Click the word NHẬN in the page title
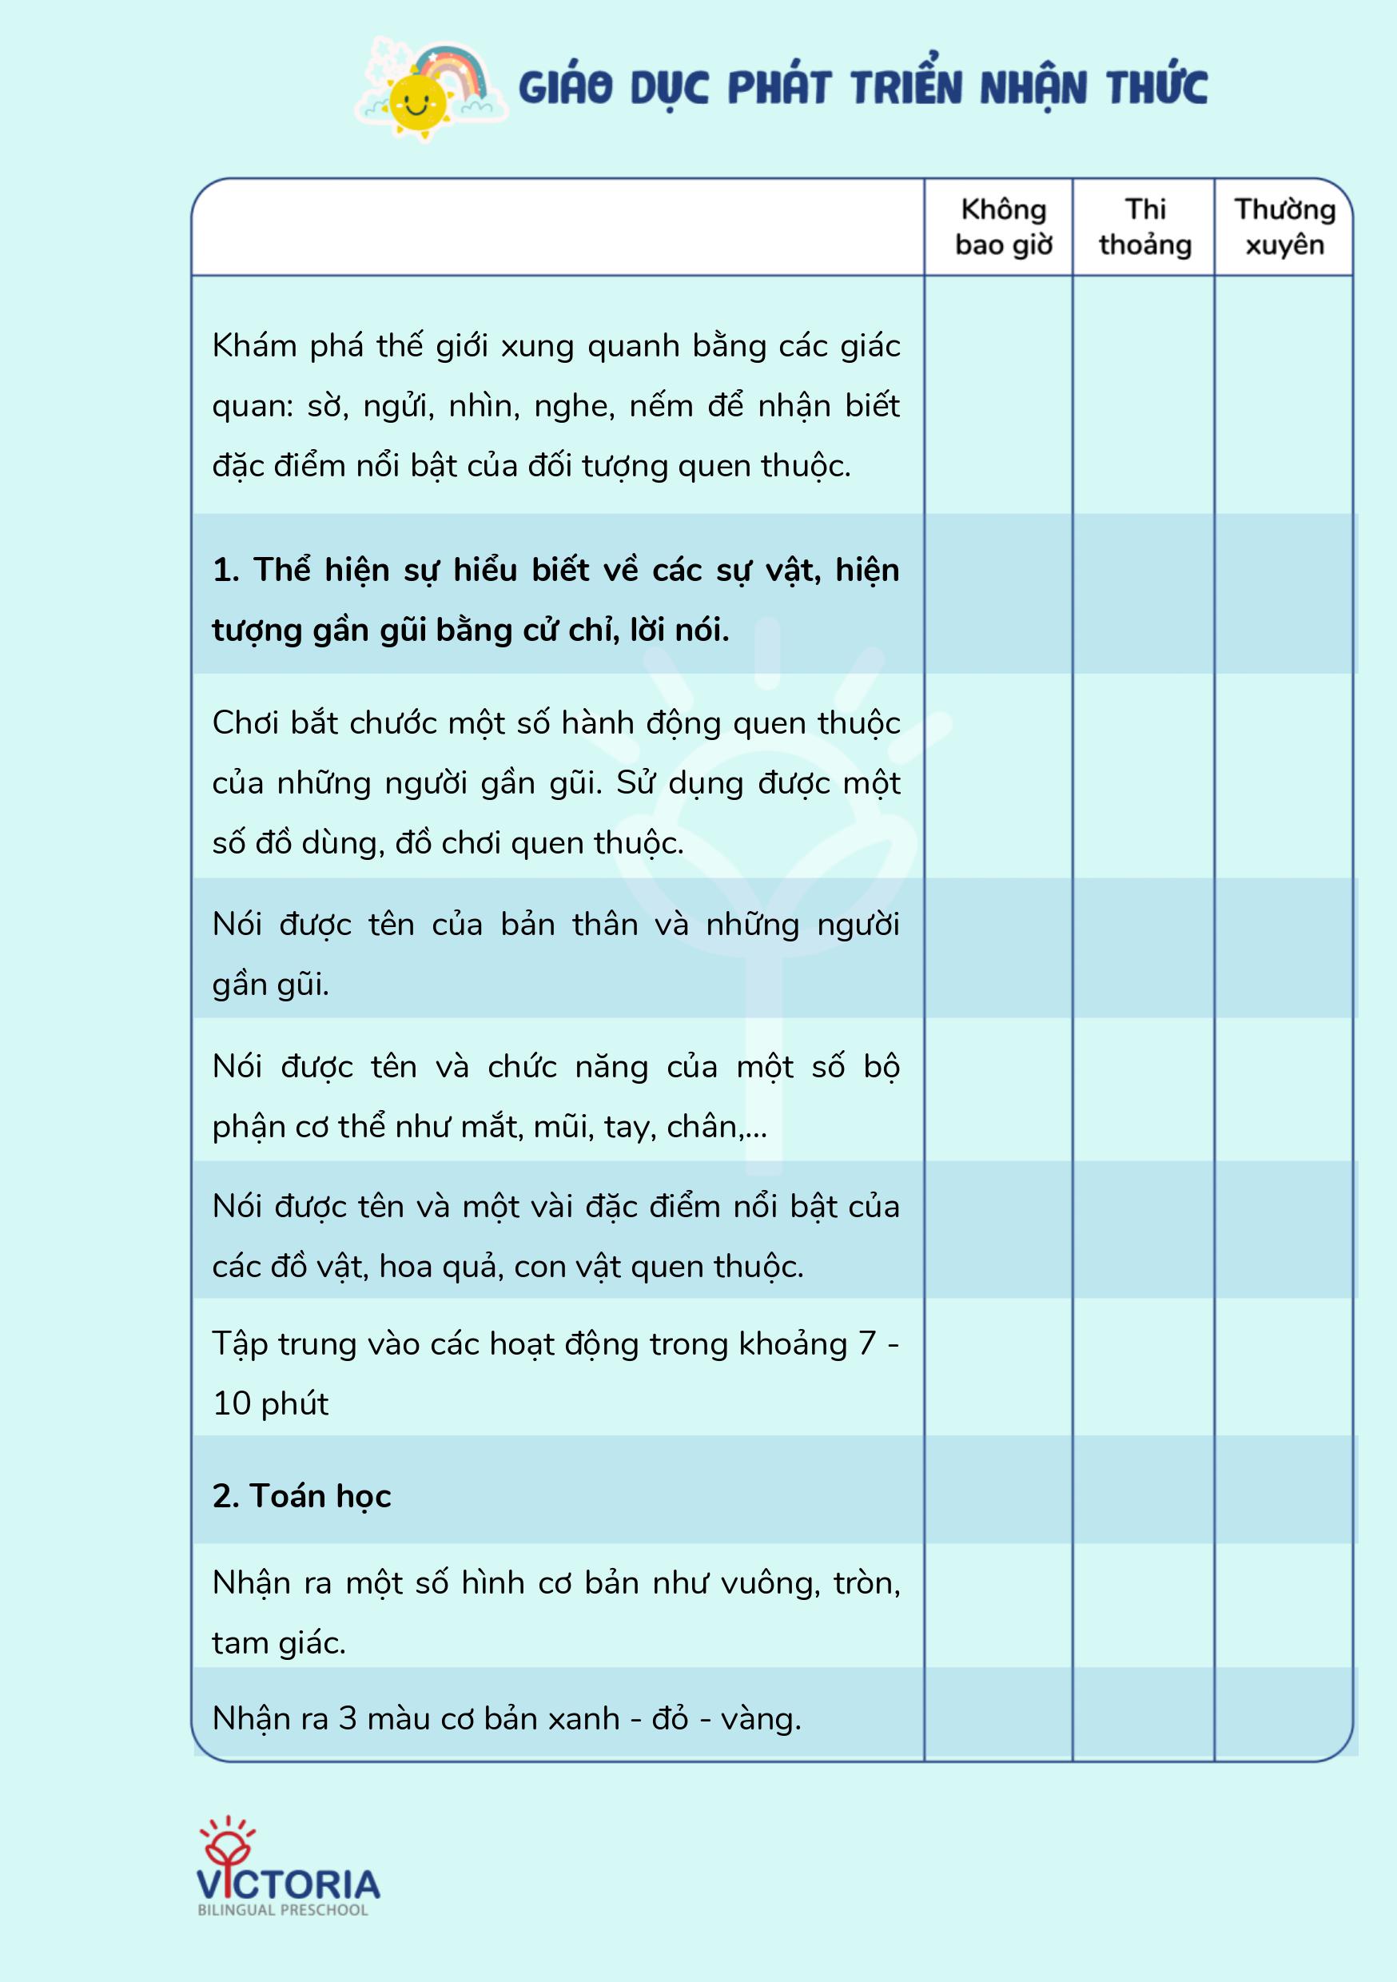pos(1033,89)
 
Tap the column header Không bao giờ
pos(1003,227)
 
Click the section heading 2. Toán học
pos(301,1496)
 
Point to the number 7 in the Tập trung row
pos(867,1344)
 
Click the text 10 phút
pos(270,1403)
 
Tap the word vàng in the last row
pos(760,1719)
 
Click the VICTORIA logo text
pos(289,1884)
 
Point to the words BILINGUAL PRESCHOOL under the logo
pos(283,1910)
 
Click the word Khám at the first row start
pos(254,346)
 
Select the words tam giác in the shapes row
pos(279,1643)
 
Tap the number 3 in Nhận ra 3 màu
pos(347,1719)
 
